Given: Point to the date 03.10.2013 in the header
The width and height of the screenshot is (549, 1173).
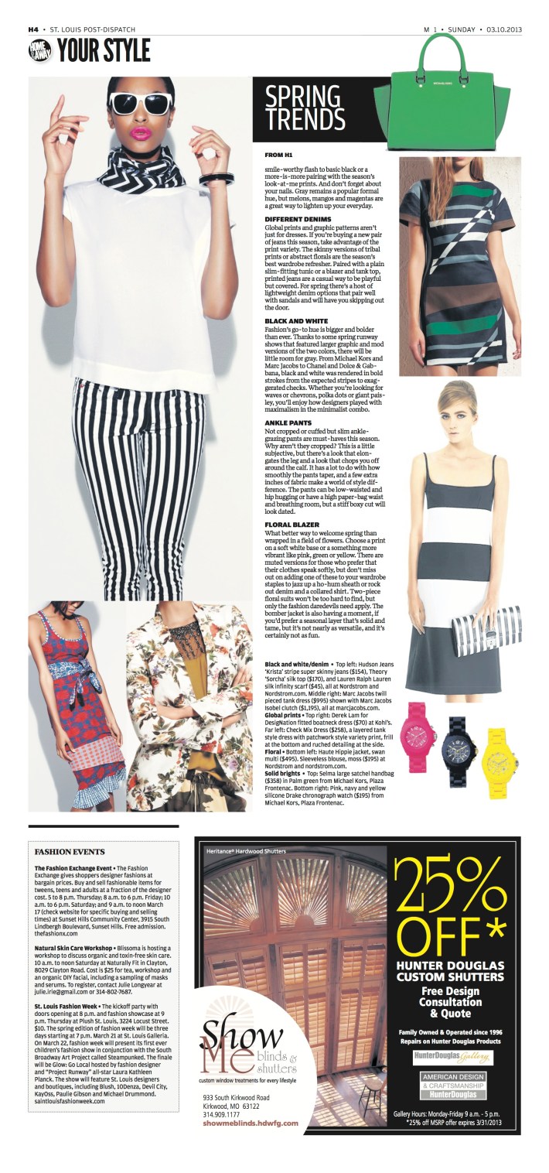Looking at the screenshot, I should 505,29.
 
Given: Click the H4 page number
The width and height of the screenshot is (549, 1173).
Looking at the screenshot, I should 33,29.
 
